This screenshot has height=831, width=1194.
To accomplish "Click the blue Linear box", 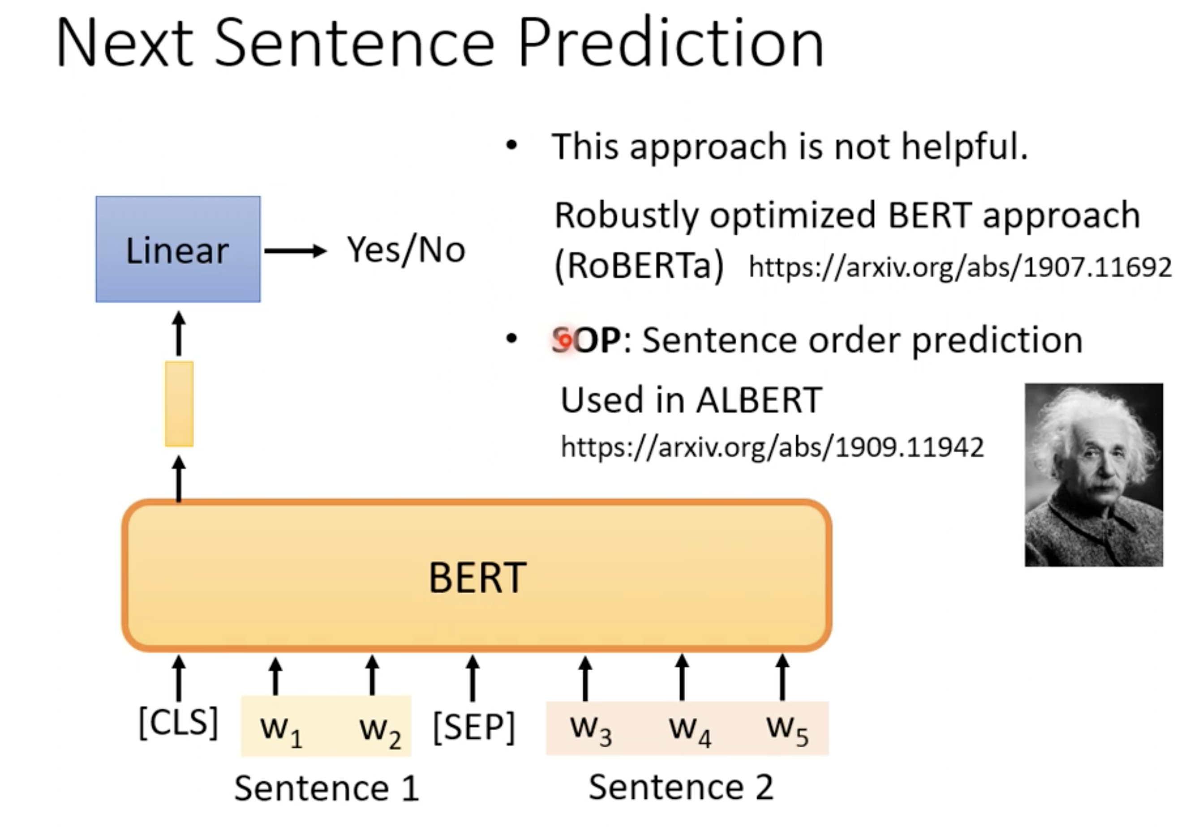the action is tap(178, 249).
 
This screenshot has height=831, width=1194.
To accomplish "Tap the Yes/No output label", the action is tap(406, 250).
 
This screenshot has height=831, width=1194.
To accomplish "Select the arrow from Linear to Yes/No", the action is tap(296, 251).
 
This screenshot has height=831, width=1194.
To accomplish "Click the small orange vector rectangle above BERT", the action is tap(179, 404).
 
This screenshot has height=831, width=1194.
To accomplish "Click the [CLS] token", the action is tap(178, 722).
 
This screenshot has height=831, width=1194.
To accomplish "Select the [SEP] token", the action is tap(474, 728).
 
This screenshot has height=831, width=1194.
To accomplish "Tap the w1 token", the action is tap(281, 730).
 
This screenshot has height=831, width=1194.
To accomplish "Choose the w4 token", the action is tap(690, 730).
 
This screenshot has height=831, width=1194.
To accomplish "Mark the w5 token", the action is tap(788, 730).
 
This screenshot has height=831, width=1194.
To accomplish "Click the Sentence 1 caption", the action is tap(326, 788).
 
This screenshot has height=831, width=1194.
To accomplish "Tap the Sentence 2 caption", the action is tap(681, 787).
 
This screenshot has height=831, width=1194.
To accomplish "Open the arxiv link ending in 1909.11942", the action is tap(772, 447).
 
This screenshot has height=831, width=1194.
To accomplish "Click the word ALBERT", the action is tap(759, 400).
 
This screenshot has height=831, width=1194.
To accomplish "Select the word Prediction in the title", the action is tap(671, 43).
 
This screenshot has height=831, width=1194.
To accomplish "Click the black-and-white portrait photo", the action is tap(1094, 475).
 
